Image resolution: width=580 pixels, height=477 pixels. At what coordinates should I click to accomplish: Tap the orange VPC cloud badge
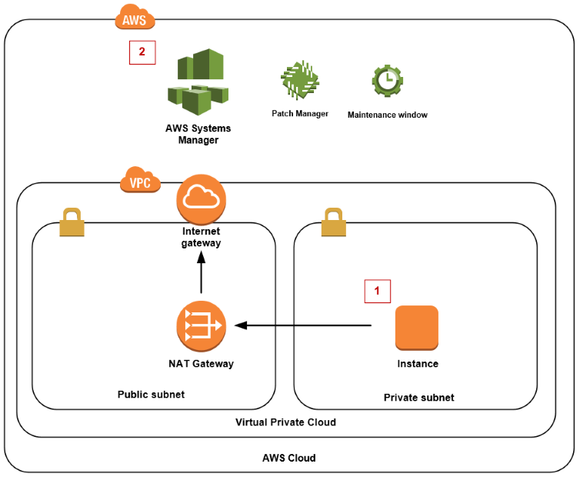[x=140, y=182]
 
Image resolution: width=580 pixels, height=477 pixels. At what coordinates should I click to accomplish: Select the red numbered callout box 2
[x=142, y=52]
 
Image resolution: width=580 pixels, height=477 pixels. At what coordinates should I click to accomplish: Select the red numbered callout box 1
[x=377, y=291]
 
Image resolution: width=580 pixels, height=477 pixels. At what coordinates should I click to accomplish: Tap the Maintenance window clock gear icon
[x=387, y=81]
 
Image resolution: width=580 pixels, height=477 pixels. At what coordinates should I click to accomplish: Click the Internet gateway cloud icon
[x=201, y=199]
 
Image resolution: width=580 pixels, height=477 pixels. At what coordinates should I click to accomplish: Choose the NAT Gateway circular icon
[x=201, y=325]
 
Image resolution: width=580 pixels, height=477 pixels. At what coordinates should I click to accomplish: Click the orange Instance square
[x=417, y=329]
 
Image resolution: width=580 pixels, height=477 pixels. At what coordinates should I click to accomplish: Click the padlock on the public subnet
[x=72, y=223]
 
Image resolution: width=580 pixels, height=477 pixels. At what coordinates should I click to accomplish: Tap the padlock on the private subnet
[x=334, y=223]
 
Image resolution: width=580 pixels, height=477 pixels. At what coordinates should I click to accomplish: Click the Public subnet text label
[x=151, y=395]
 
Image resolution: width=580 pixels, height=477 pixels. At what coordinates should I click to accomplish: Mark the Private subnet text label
[x=418, y=398]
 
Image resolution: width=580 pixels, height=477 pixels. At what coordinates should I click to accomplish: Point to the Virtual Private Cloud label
[x=285, y=422]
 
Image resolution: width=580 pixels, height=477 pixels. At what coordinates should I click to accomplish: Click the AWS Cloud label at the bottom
[x=288, y=458]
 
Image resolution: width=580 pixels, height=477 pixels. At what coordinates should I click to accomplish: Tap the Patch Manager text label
[x=300, y=113]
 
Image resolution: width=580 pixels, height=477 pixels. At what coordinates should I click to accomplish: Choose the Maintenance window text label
[x=387, y=115]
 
